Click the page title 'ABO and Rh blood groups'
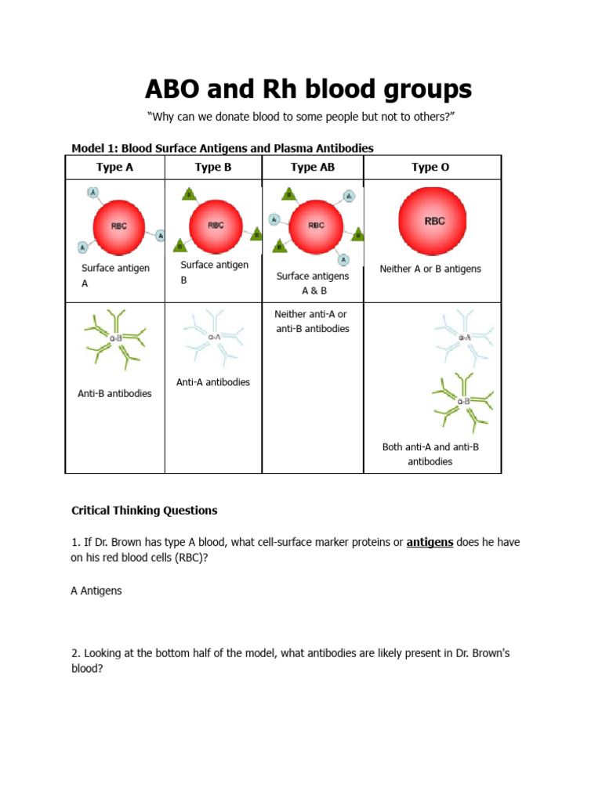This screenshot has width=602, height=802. pos(308,89)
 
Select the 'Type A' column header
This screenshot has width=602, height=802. pos(114,167)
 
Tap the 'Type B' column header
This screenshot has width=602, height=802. pos(213,167)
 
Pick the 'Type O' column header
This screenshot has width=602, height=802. pos(430,167)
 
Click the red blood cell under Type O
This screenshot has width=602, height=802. pos(433,221)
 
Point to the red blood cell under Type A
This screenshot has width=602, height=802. pos(118,226)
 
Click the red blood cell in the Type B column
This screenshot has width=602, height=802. pos(216,225)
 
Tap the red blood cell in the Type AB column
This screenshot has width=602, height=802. pos(315,225)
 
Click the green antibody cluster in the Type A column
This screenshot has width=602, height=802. pos(114,338)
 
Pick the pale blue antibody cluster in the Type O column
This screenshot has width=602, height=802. pos(464,338)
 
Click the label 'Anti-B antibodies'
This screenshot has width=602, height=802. pos(115,393)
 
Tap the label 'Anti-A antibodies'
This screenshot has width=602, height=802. pos(213,382)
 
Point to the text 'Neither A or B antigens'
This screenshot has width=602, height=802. pos(430,269)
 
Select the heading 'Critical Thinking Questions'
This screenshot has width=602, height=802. pos(144,511)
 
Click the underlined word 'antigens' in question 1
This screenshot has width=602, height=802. pos(430,542)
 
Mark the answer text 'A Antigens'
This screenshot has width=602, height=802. pos(96,591)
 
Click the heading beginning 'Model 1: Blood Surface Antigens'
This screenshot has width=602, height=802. pos(222,148)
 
